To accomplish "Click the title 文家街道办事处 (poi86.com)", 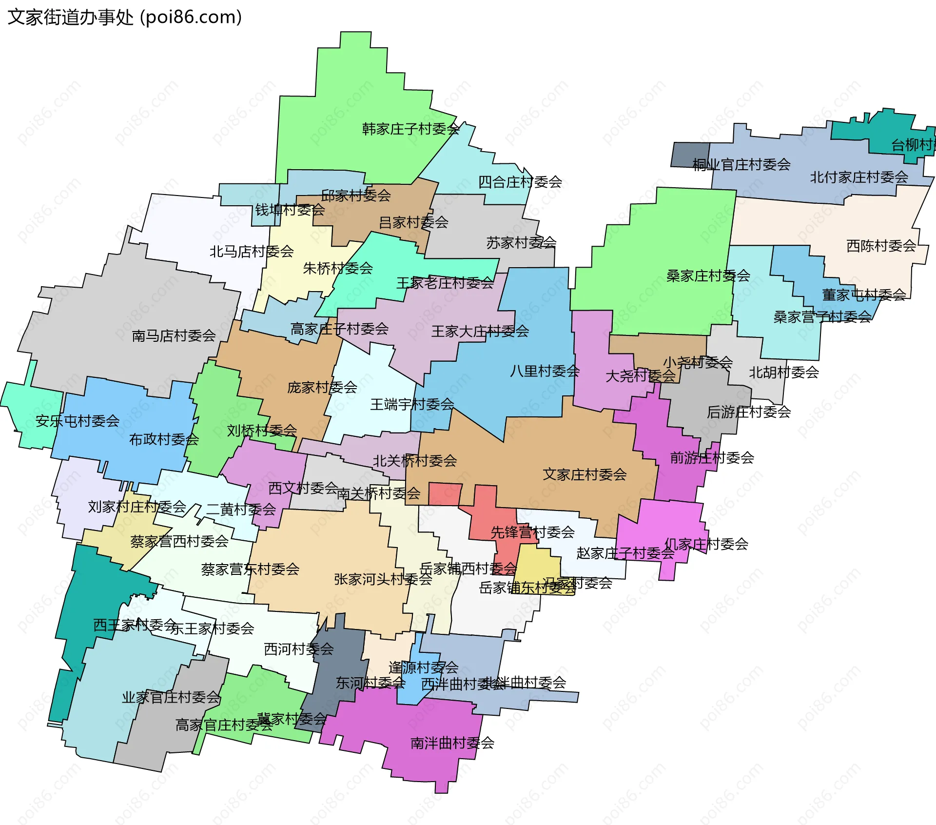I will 125,18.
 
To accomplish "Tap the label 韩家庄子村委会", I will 410,129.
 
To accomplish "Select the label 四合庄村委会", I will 520,182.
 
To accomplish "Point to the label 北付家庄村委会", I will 859,177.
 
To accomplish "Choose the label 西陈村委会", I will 881,246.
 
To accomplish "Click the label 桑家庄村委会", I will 708,276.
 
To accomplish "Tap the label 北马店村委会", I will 252,252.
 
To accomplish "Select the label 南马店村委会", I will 174,335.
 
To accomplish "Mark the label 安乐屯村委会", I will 78,421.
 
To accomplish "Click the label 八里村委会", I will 545,371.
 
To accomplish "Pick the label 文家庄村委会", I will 585,474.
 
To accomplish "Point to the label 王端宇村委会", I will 412,404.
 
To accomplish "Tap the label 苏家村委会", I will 521,242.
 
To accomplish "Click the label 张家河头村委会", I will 383,579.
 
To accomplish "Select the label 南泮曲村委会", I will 452,743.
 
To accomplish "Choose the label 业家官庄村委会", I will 171,697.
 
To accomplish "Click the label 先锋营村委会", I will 532,532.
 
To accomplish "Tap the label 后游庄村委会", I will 749,412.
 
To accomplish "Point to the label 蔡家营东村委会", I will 250,569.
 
